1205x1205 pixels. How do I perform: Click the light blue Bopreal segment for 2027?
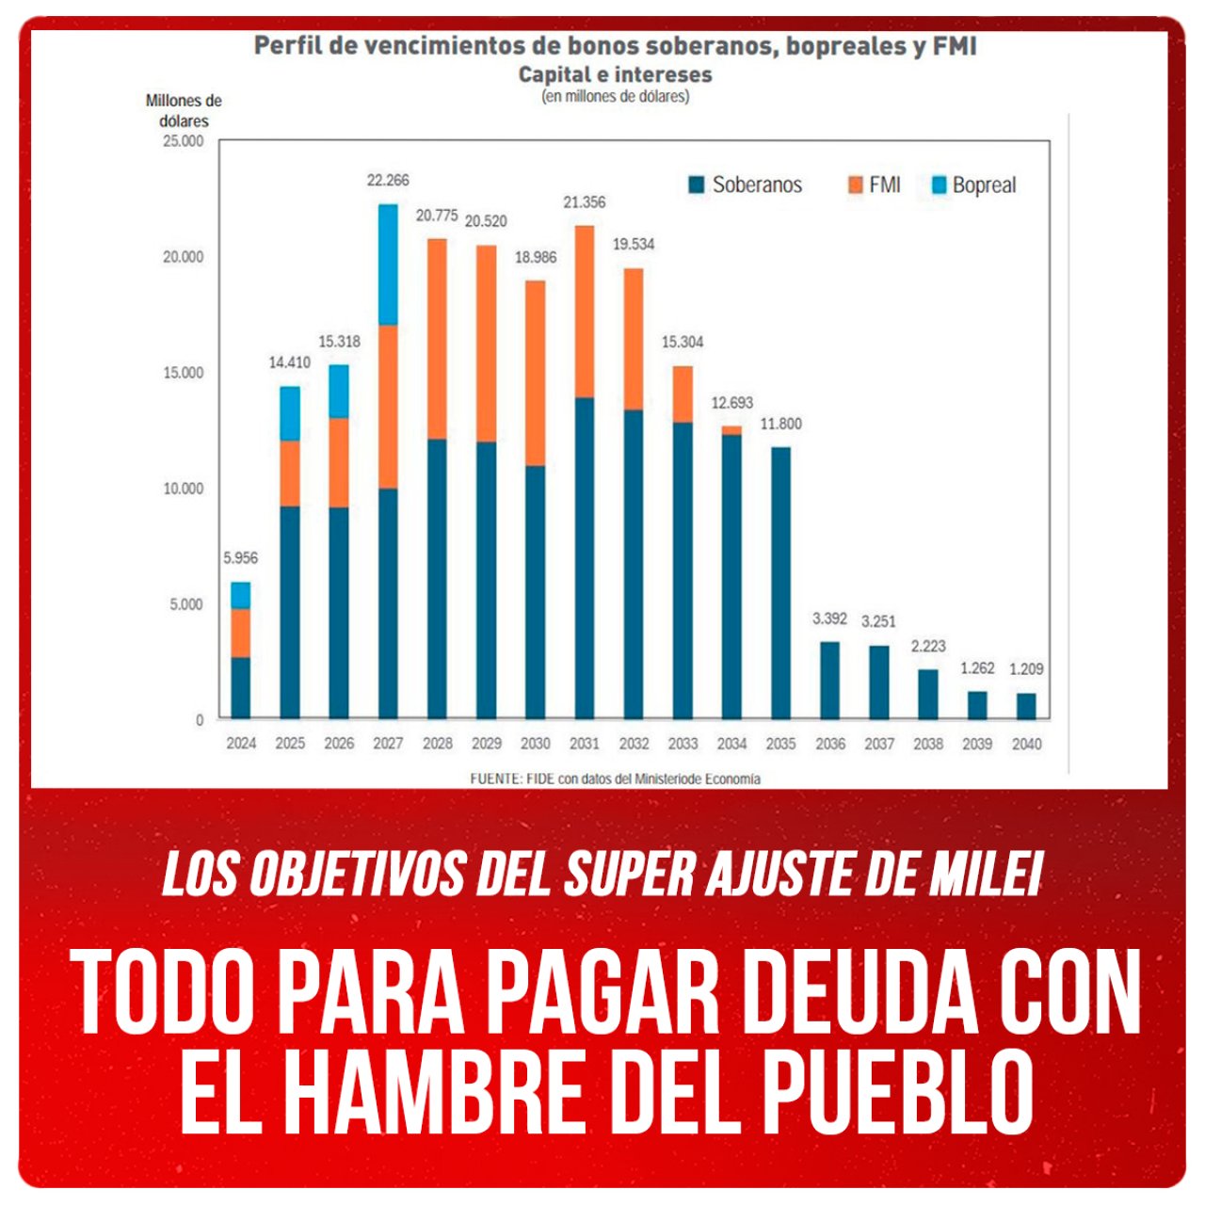pos(388,265)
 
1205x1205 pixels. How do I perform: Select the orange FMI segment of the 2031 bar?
pos(584,312)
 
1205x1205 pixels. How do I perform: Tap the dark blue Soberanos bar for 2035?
pos(780,583)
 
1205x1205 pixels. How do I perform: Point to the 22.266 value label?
pos(388,181)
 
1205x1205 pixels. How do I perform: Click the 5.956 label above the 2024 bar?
pos(240,558)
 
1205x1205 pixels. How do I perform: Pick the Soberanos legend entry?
pos(746,185)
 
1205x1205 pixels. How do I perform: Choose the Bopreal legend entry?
pos(973,185)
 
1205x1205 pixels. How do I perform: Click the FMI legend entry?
pos(875,185)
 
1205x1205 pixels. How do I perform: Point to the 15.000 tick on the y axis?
pos(183,373)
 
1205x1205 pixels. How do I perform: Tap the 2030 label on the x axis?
pos(535,744)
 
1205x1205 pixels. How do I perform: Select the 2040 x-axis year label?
pos(1026,744)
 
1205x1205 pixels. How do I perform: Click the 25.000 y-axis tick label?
pos(183,141)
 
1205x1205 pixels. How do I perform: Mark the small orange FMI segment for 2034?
pos(731,430)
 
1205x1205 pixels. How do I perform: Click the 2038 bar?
pos(928,695)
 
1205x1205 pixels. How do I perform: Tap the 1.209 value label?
pos(1026,669)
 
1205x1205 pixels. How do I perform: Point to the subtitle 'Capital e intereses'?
pos(616,74)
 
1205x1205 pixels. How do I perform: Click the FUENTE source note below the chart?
pos(616,779)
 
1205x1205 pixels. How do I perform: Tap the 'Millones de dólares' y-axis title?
pos(184,111)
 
